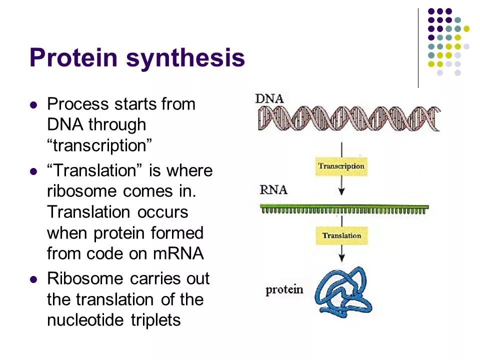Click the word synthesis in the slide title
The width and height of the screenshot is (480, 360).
[x=185, y=59]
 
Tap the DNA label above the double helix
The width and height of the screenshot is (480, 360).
[x=269, y=98]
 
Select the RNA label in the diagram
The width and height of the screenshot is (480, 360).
[x=273, y=190]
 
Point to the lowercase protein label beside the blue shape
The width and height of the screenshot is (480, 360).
[x=284, y=289]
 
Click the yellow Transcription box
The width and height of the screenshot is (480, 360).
[x=341, y=166]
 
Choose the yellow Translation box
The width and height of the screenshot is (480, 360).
[x=341, y=235]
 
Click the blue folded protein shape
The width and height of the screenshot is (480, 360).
[x=345, y=292]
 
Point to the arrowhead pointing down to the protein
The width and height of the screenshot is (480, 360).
[x=341, y=258]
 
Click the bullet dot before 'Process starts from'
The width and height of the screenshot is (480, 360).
[x=34, y=105]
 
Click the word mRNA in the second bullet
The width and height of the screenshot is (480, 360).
[x=178, y=253]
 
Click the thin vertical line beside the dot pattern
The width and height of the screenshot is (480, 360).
[x=418, y=47]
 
